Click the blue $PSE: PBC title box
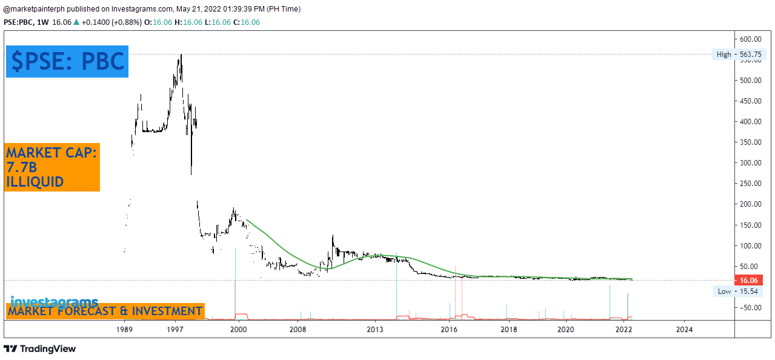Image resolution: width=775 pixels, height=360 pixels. click(67, 61)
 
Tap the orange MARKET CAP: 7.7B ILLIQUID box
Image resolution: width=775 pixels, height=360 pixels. click(52, 167)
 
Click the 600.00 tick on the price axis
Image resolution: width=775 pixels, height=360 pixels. click(752, 39)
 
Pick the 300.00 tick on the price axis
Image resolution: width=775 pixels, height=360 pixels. click(752, 163)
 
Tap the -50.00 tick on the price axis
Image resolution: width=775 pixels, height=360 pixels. click(752, 308)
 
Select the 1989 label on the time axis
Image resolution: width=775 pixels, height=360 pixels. click(124, 330)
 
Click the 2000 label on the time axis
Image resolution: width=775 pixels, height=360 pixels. click(238, 330)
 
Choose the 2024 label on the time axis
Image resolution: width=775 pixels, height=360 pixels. click(684, 330)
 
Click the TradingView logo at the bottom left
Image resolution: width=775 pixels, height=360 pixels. click(40, 349)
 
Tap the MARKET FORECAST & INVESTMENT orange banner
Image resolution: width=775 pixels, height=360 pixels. click(105, 312)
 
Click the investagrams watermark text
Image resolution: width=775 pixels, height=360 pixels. click(54, 301)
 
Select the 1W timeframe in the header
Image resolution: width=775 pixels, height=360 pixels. click(42, 22)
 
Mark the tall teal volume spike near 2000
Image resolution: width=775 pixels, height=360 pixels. click(234, 285)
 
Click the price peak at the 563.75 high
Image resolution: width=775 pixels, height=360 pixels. click(181, 56)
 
